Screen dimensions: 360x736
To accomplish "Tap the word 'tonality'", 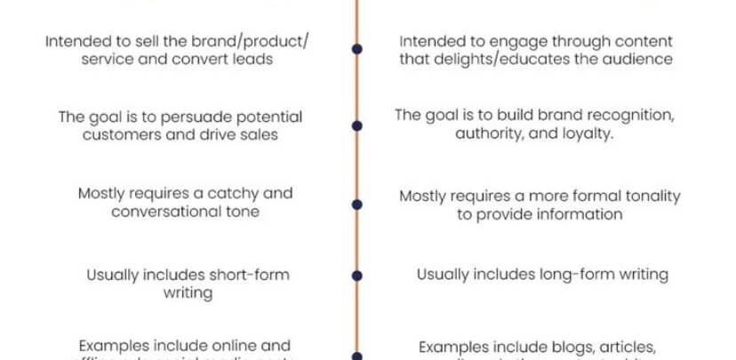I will click(x=633, y=196).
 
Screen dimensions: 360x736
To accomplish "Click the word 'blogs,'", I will click(x=563, y=346).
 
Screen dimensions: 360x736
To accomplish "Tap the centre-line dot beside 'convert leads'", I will click(x=356, y=50).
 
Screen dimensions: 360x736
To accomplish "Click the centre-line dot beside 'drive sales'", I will click(x=356, y=125).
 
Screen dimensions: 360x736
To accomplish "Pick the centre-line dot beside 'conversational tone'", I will click(x=356, y=204).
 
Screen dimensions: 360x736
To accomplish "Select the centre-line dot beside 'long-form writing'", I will click(x=356, y=276).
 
